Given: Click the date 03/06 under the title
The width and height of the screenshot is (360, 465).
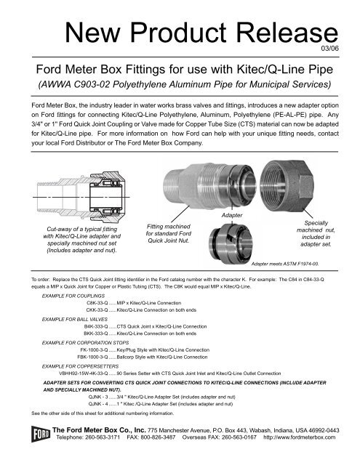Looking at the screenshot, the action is [x=329, y=49].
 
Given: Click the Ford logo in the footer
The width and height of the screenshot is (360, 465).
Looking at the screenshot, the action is [x=40, y=434].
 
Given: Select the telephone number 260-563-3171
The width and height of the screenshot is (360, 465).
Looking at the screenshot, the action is [x=103, y=437].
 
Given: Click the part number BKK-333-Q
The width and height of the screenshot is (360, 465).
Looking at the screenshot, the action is [x=96, y=333].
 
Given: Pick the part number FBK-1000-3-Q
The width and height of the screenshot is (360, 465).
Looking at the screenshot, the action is [x=92, y=357].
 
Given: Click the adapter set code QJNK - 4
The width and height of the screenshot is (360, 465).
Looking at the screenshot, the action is [x=98, y=404].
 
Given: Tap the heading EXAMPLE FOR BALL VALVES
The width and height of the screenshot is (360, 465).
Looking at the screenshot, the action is [x=75, y=320].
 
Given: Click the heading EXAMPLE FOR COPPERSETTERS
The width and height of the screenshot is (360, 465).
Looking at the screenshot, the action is [x=81, y=366].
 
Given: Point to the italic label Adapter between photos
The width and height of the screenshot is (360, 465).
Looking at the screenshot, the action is [x=232, y=215].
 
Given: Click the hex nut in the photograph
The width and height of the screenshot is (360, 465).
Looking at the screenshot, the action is [x=287, y=186].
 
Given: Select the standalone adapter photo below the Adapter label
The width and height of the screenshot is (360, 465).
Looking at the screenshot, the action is [x=231, y=243].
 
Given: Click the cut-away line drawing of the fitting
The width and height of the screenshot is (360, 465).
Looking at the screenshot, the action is [x=81, y=197].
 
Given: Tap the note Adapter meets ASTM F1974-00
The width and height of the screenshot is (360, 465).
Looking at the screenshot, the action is [x=285, y=264].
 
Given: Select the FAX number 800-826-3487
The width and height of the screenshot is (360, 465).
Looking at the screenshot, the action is [x=158, y=437].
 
